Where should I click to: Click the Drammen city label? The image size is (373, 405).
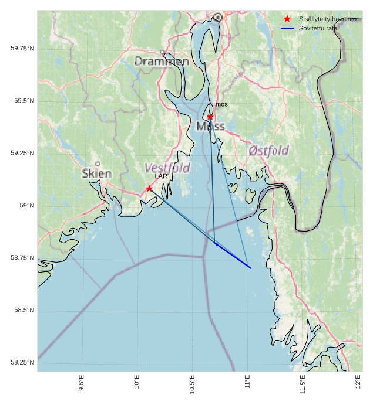pos(162,61)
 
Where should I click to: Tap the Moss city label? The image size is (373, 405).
pos(210,126)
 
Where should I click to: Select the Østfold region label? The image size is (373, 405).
pos(268,151)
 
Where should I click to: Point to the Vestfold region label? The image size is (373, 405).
pos(167,168)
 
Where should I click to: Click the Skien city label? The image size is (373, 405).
pos(97,173)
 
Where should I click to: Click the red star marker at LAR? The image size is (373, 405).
pos(149,188)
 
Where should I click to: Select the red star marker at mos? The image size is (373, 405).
pos(210,117)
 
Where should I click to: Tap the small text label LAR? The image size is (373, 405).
pos(161,176)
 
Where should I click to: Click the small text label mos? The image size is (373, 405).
pos(221,104)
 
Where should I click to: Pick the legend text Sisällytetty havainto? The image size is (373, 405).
pos(327,19)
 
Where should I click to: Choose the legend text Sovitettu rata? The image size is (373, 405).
pos(318,28)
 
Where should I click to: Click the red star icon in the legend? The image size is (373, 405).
pos(287,19)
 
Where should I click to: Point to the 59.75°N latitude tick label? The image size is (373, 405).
pos(22,48)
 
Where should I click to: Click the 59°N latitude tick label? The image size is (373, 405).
pos(27,206)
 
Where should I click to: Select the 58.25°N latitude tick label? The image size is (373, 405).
pos(22,363)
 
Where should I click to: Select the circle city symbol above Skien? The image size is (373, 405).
pos(98,164)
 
